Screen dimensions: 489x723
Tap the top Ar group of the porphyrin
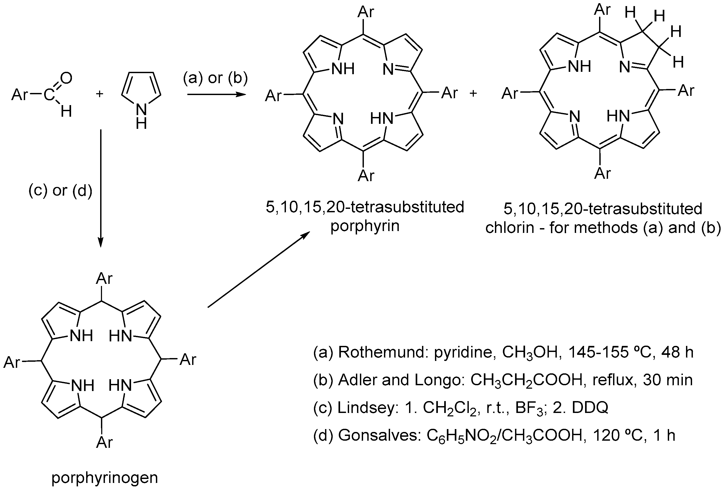pos(365,12)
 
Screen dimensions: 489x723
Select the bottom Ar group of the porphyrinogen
pos(104,442)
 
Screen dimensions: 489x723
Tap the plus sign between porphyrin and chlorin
pos(473,93)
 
